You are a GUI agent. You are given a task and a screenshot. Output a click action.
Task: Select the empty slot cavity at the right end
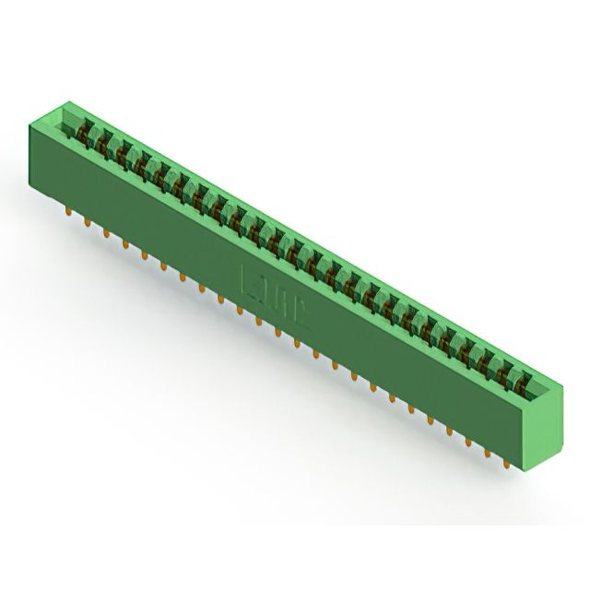pos(544,389)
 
